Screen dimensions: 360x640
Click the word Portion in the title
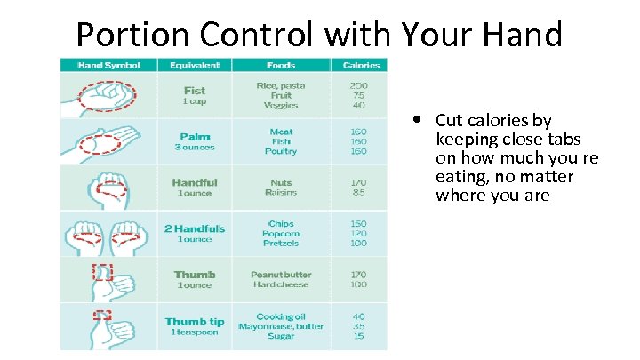point(124,35)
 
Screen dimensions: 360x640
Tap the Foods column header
point(281,65)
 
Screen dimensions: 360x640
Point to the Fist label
point(194,90)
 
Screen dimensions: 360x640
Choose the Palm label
point(194,136)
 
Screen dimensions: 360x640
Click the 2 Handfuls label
point(195,228)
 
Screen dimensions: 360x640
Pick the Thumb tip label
point(195,321)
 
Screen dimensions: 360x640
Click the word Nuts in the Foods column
point(281,182)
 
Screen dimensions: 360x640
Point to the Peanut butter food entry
point(281,275)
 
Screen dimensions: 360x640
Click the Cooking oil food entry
point(281,316)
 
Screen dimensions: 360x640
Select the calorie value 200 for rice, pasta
point(359,85)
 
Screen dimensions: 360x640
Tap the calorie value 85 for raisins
point(359,192)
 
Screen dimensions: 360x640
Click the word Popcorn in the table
point(281,234)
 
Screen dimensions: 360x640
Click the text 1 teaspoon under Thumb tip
point(195,332)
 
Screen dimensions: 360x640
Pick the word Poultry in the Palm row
point(281,151)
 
